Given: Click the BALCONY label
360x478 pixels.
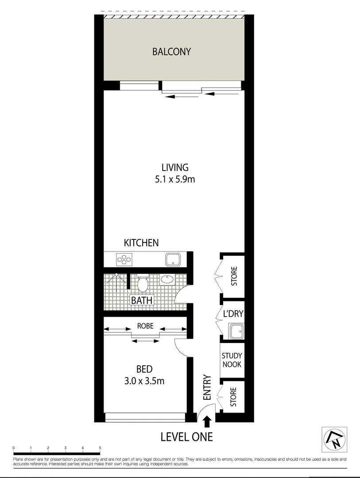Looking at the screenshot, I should (x=171, y=51).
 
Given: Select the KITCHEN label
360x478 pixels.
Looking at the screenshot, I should (x=141, y=243).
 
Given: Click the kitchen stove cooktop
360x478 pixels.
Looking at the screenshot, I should (x=124, y=259).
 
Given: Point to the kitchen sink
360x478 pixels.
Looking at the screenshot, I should (x=172, y=259).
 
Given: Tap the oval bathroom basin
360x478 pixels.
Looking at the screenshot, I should (x=167, y=279).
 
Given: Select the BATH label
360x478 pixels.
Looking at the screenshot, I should (x=142, y=301).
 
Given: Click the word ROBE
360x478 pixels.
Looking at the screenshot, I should (x=145, y=326).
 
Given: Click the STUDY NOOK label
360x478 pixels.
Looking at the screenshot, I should (x=232, y=360).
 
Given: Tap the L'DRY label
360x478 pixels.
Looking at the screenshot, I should (x=233, y=315).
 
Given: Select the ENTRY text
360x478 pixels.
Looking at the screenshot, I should (x=207, y=388).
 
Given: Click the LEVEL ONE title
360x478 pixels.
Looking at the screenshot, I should (x=186, y=437).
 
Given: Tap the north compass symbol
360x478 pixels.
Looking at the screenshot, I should (x=334, y=439).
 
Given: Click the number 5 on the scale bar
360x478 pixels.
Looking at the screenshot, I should (x=100, y=448).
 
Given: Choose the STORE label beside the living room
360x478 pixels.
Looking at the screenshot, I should (x=234, y=275).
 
